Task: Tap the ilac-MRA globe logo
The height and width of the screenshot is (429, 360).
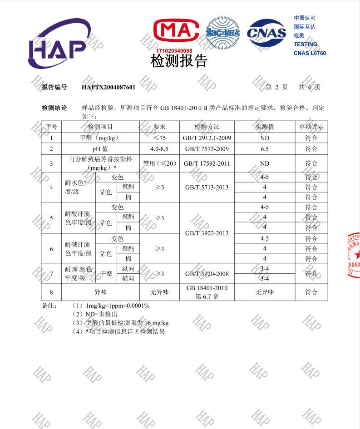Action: click(222, 33)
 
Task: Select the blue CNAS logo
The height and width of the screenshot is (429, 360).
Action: click(266, 33)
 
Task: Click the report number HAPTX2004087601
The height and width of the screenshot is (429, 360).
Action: click(108, 87)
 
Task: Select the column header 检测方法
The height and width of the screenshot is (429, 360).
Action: click(207, 127)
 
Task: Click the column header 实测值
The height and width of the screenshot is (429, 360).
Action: click(265, 127)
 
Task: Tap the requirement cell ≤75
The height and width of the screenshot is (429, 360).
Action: click(159, 138)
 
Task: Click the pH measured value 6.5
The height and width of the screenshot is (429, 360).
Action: click(265, 149)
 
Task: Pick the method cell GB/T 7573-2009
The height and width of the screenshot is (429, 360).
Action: click(207, 149)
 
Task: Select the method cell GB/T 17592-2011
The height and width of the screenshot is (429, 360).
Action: click(207, 163)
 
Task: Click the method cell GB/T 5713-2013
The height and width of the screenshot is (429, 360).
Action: click(207, 187)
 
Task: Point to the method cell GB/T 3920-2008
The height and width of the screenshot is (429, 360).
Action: click(207, 274)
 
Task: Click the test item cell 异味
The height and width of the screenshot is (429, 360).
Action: click(100, 292)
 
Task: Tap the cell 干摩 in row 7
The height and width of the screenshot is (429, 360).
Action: click(106, 274)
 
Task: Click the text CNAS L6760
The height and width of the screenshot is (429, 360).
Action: click(310, 53)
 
